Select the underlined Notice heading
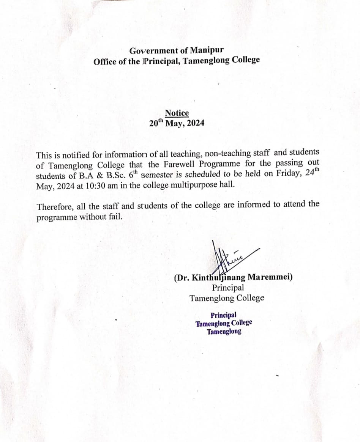coord(177,113)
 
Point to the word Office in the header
coord(105,61)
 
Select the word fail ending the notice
coord(115,217)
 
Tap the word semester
coord(158,176)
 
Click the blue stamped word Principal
coord(223,315)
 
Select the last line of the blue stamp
coord(224,332)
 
